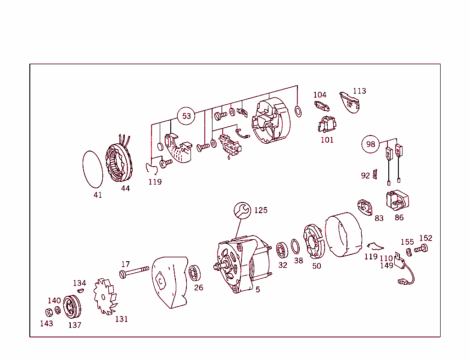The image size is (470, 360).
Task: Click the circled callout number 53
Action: [x=186, y=116]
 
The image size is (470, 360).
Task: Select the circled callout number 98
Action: [x=370, y=144]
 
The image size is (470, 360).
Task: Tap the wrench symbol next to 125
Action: [x=242, y=210]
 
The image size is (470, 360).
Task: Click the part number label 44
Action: [x=125, y=188]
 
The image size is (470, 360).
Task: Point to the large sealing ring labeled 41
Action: [x=93, y=169]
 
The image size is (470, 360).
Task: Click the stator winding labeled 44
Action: [x=120, y=164]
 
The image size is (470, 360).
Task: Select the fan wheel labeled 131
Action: [x=106, y=296]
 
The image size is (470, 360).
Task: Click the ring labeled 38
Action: [x=297, y=247]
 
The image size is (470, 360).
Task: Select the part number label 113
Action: [x=359, y=91]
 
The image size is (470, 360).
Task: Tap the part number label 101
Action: [x=327, y=140]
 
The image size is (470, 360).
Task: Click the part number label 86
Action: [x=399, y=217]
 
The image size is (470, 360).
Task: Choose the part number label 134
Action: [x=79, y=283]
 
